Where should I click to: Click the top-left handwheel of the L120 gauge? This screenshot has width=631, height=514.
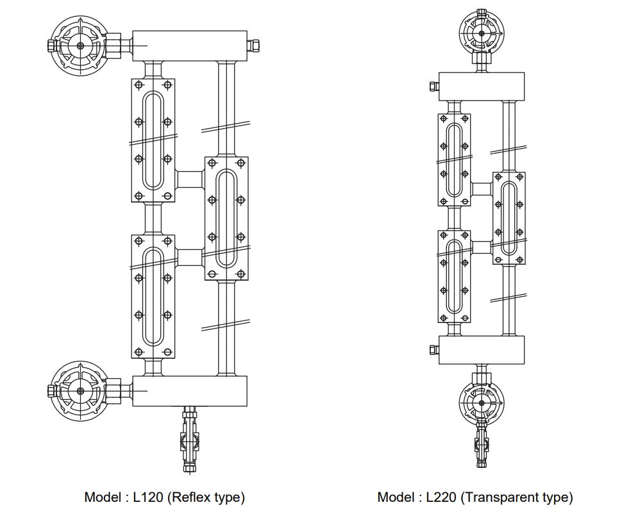(80, 46)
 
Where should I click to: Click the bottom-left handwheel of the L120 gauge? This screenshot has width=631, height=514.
(80, 390)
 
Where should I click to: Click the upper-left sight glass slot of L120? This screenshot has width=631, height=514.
(153, 140)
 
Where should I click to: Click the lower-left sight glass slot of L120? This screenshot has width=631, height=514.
(153, 295)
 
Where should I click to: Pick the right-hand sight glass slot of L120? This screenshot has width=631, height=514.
(226, 218)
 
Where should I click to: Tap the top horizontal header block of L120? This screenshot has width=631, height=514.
(190, 45)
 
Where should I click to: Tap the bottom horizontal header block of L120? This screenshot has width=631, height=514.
(190, 391)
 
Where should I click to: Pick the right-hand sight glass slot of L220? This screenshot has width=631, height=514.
(509, 218)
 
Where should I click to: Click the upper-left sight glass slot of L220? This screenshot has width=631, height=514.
(454, 160)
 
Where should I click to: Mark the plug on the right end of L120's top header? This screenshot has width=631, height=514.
(255, 45)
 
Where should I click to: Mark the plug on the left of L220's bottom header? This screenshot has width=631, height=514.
(433, 349)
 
